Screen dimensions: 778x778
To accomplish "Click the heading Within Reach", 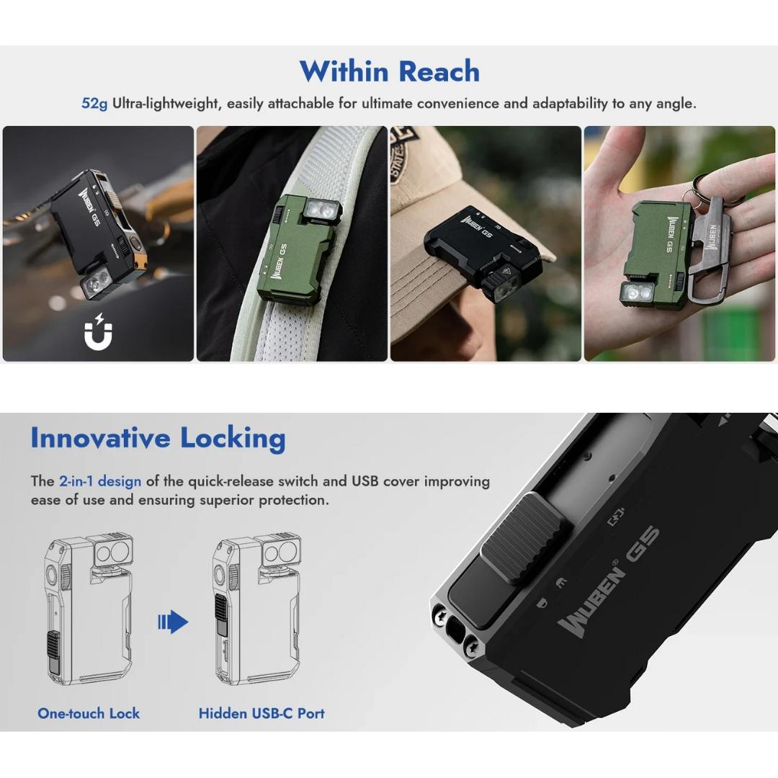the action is point(390,71).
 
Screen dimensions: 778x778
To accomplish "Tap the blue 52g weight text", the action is point(94,104).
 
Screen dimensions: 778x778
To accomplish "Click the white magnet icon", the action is point(98,331).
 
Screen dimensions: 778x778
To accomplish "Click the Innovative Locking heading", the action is point(158,439).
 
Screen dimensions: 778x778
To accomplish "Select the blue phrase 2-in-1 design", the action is point(100,481).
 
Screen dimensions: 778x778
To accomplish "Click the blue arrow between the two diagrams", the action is point(173,622).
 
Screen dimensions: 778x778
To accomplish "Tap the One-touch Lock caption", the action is point(89,713).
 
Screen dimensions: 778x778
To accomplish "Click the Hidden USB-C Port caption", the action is point(261,713).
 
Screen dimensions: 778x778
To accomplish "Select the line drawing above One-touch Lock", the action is point(89,609).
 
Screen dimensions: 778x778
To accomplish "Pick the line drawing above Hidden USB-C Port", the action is point(257,609).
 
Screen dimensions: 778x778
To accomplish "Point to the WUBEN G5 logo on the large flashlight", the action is point(608,581).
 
